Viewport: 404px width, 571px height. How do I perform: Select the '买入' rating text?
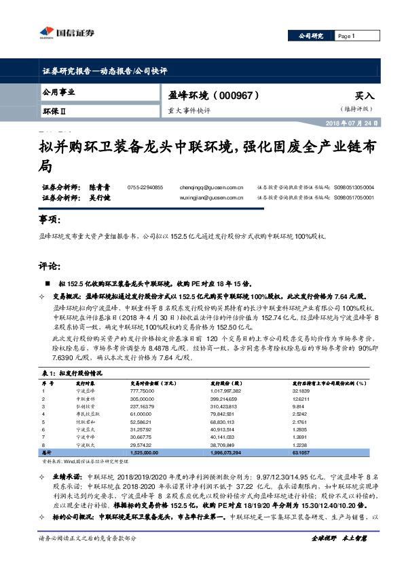pyautogui.click(x=364, y=97)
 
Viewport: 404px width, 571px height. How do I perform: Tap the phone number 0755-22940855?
pyautogui.click(x=145, y=187)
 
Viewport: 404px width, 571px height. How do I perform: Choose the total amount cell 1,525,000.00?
pyautogui.click(x=145, y=451)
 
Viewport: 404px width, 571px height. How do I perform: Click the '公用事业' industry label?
pyautogui.click(x=58, y=92)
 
